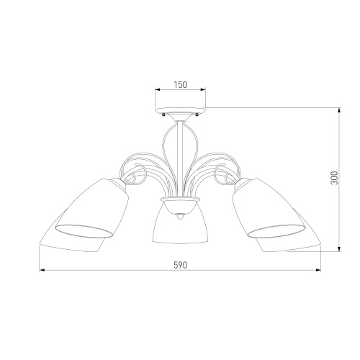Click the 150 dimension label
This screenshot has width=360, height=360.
coord(180,85)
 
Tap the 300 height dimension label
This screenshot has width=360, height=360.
coord(334,178)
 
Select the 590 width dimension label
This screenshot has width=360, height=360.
coord(180,265)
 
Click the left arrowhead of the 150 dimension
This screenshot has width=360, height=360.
coord(158,90)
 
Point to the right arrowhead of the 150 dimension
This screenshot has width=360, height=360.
coord(203,90)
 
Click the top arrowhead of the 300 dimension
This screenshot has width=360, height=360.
coord(339,110)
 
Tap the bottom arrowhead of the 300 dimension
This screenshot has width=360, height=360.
coord(339,249)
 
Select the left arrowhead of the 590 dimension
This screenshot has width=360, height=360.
coord(42,270)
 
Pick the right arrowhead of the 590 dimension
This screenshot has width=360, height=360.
coord(318,270)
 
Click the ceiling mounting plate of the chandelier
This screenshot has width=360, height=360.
coord(180,111)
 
